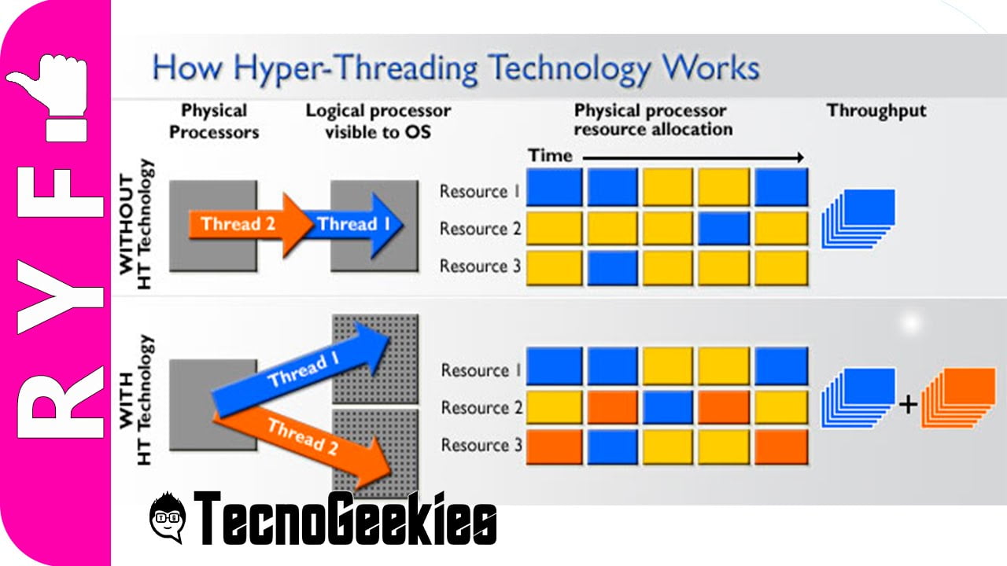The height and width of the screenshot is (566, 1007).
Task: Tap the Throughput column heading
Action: click(x=876, y=111)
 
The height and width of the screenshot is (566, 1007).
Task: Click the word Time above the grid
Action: click(x=550, y=156)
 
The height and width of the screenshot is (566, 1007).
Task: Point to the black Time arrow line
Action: click(x=692, y=158)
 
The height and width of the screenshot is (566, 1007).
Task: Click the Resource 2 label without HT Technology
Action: click(x=480, y=229)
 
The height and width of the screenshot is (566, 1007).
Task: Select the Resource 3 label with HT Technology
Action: click(x=481, y=445)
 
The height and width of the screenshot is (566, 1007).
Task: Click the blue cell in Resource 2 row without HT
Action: click(x=724, y=228)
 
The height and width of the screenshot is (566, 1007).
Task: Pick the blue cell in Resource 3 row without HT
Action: click(x=611, y=267)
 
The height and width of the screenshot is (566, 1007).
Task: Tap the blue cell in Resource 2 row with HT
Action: click(x=668, y=407)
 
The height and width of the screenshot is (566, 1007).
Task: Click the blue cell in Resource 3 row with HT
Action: click(x=611, y=446)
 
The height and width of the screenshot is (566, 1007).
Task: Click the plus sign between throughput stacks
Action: click(x=909, y=405)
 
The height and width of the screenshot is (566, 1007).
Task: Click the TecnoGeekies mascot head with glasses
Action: click(x=167, y=517)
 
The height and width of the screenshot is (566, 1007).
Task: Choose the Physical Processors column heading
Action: click(x=214, y=121)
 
